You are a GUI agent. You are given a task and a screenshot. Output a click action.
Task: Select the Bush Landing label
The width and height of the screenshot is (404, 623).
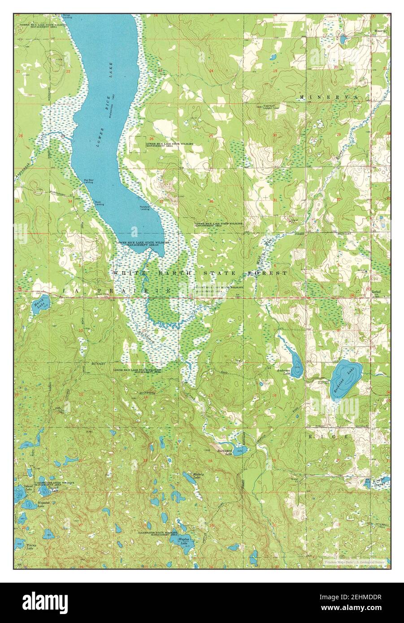(x=99, y=203)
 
